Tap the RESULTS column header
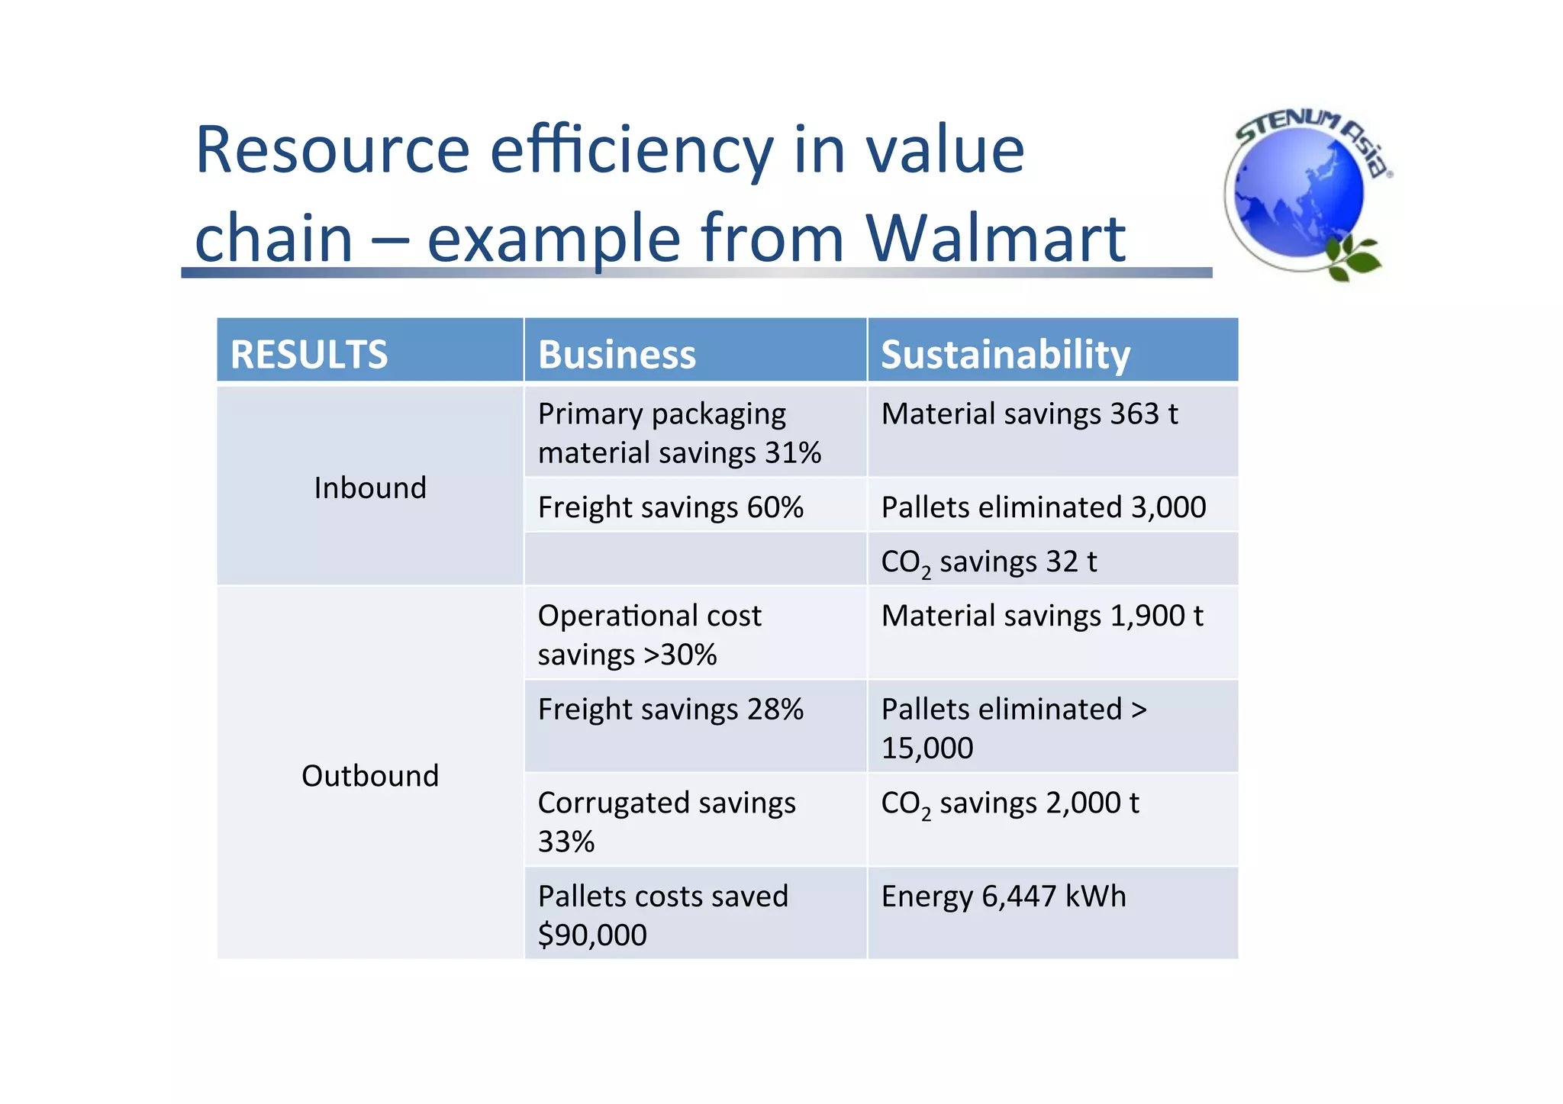pos(309,355)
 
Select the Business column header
pos(617,355)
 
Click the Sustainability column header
pos(1005,355)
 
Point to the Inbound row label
pos(370,488)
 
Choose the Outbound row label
pos(370,776)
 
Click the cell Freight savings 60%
pos(670,507)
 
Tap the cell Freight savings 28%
pos(670,710)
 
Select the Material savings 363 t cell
pos(1029,414)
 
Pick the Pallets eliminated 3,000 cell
pos(1043,507)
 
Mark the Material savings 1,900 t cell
pos(1042,616)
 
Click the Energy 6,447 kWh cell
pos(1003,896)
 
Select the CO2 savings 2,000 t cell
pos(1010,803)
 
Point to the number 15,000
pos(927,748)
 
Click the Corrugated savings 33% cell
pos(666,821)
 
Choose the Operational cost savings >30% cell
pos(649,634)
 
